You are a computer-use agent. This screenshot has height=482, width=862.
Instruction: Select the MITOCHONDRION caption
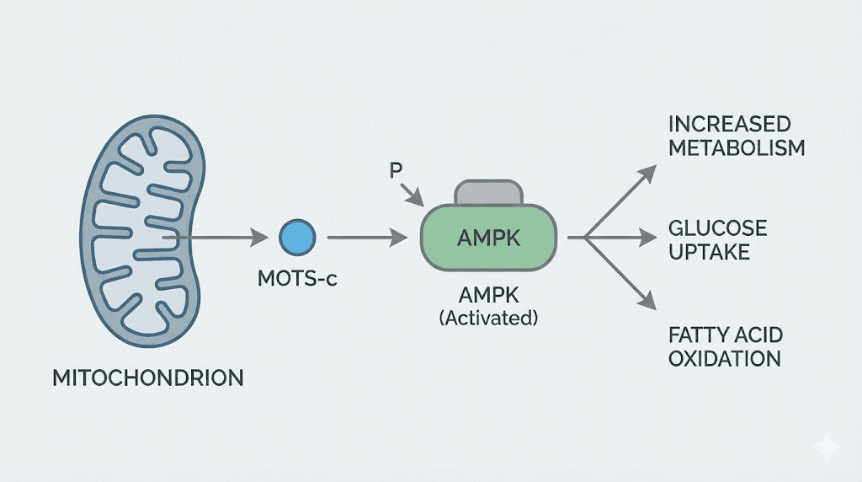[148, 378]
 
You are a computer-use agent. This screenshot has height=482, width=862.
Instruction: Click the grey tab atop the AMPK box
[488, 193]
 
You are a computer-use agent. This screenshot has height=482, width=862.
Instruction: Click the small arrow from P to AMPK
[413, 195]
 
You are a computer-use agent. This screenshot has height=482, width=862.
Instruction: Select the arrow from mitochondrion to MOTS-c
[219, 238]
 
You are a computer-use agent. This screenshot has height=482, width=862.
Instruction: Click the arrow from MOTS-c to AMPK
[362, 238]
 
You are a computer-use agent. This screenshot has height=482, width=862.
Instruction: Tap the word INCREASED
[729, 125]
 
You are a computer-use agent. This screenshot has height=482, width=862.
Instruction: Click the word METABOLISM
[737, 148]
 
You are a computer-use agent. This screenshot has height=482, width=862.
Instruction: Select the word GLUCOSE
[717, 228]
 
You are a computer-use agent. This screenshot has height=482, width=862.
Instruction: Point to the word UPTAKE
[709, 252]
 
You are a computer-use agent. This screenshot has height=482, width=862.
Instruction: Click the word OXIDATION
[724, 358]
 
